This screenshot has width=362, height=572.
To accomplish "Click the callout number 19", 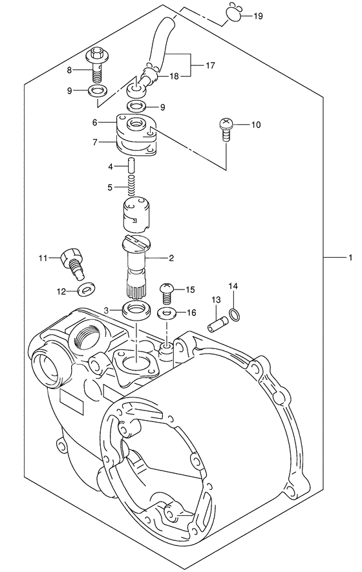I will point(259,16).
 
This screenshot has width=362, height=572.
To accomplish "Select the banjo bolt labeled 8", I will point(98,65).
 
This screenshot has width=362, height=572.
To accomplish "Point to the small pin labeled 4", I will point(131,166).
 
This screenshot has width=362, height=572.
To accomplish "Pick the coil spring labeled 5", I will point(131,187).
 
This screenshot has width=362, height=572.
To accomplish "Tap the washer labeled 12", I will point(85,289).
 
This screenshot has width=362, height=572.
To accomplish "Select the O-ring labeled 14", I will point(237,315).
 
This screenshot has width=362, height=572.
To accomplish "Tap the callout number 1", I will point(349,258).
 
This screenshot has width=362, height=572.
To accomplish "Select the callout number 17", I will point(210,65).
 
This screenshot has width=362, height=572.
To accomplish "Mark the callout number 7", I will point(95,142).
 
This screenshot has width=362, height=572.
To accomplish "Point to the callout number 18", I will point(175,76).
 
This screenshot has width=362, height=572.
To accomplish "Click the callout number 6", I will point(95,122).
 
